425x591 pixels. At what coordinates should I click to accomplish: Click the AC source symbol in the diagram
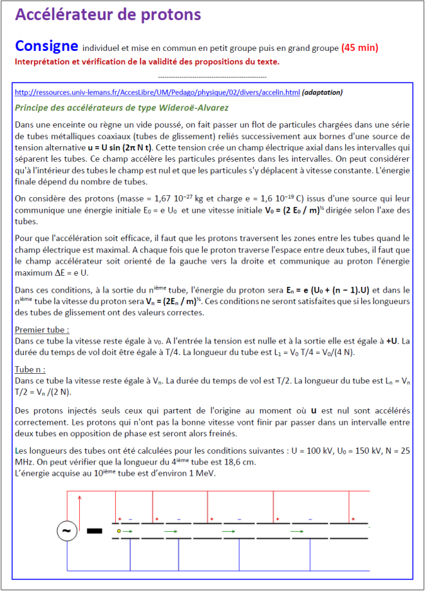[66, 531]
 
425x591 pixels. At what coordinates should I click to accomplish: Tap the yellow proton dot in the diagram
[119, 531]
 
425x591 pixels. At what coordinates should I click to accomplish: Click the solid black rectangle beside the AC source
[94, 531]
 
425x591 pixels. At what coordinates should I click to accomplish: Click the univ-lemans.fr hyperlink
[156, 93]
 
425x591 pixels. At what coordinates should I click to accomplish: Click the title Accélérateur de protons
[108, 15]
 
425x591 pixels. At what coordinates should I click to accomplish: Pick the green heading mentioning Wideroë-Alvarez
[122, 107]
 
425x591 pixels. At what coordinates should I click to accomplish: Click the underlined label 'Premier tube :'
[41, 330]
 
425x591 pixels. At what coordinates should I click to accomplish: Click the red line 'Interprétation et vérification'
[147, 62]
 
